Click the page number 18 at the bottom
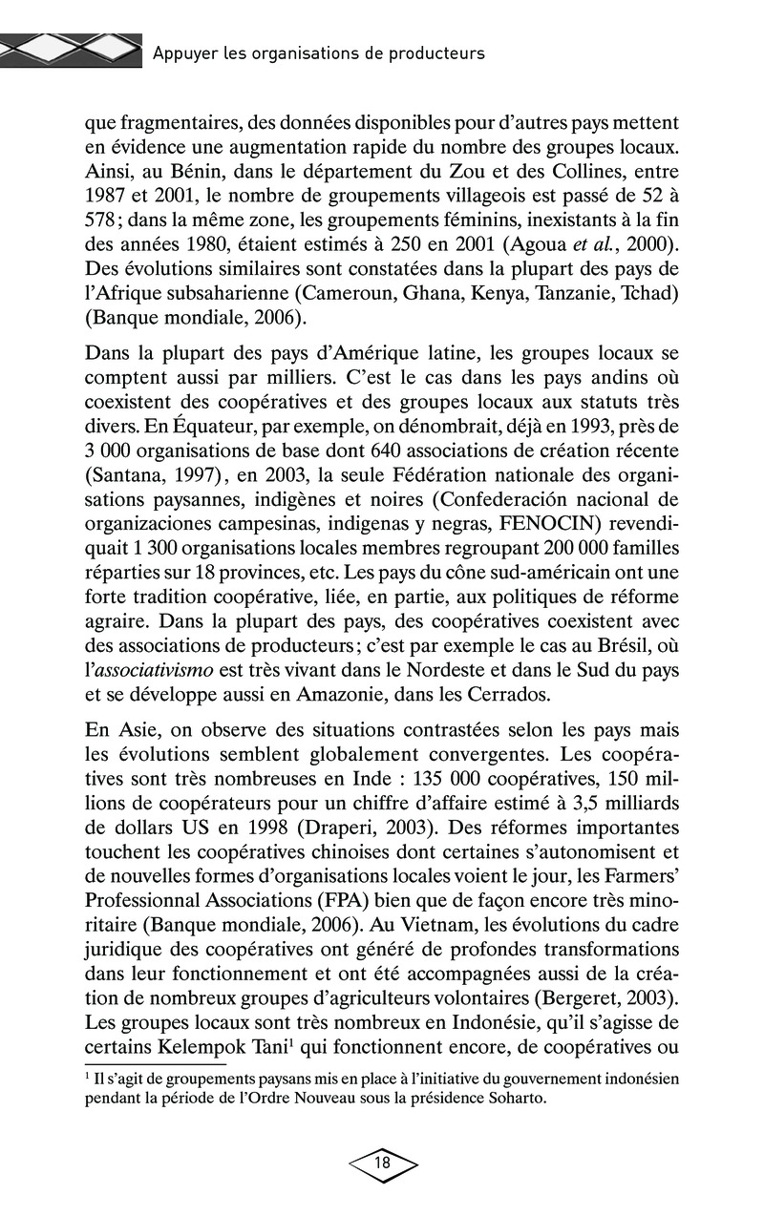(x=383, y=1163)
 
